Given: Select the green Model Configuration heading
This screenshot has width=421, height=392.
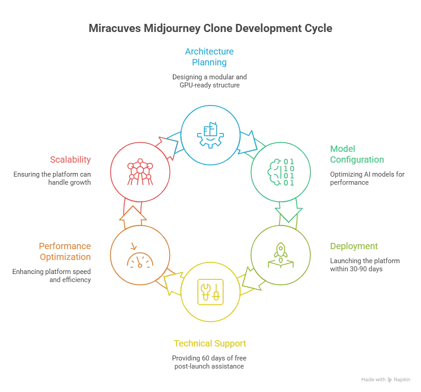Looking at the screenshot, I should pos(357,155).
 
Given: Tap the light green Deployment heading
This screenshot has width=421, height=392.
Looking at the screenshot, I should pos(353,246).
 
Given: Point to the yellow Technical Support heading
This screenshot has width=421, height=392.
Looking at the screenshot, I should pos(210,344).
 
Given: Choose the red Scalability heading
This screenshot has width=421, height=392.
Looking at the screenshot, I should pos(71,160).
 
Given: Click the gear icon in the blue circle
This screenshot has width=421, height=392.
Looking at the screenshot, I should pos(210,134).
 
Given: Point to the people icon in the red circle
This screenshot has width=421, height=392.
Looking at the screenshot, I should pos(139,171).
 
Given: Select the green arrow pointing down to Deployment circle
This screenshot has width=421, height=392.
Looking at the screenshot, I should pos(287,214).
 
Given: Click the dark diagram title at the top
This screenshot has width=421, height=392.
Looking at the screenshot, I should pos(210,28).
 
